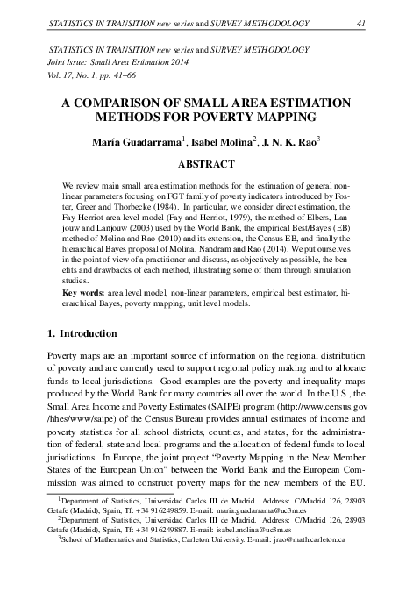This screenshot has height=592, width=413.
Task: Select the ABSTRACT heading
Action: [x=206, y=163]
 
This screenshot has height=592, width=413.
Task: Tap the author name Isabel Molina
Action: [x=217, y=141]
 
